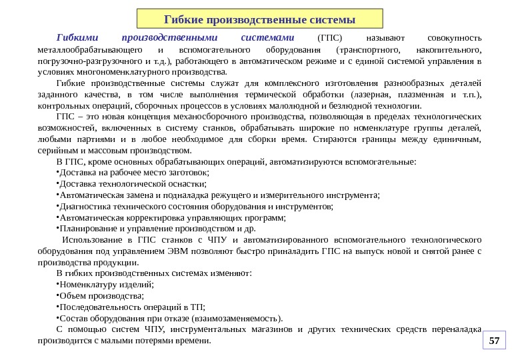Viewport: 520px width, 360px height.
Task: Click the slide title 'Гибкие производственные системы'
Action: pyautogui.click(x=260, y=17)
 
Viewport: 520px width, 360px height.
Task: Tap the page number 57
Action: pyautogui.click(x=494, y=341)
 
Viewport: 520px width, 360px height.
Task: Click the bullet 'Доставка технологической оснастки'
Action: pyautogui.click(x=133, y=184)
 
